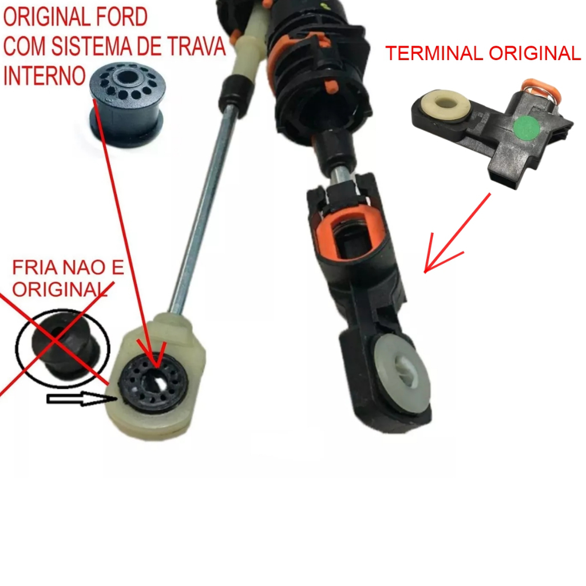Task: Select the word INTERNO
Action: (45, 76)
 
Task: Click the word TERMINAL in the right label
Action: (434, 53)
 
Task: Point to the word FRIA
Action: (35, 267)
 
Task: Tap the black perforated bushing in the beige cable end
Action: (153, 382)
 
